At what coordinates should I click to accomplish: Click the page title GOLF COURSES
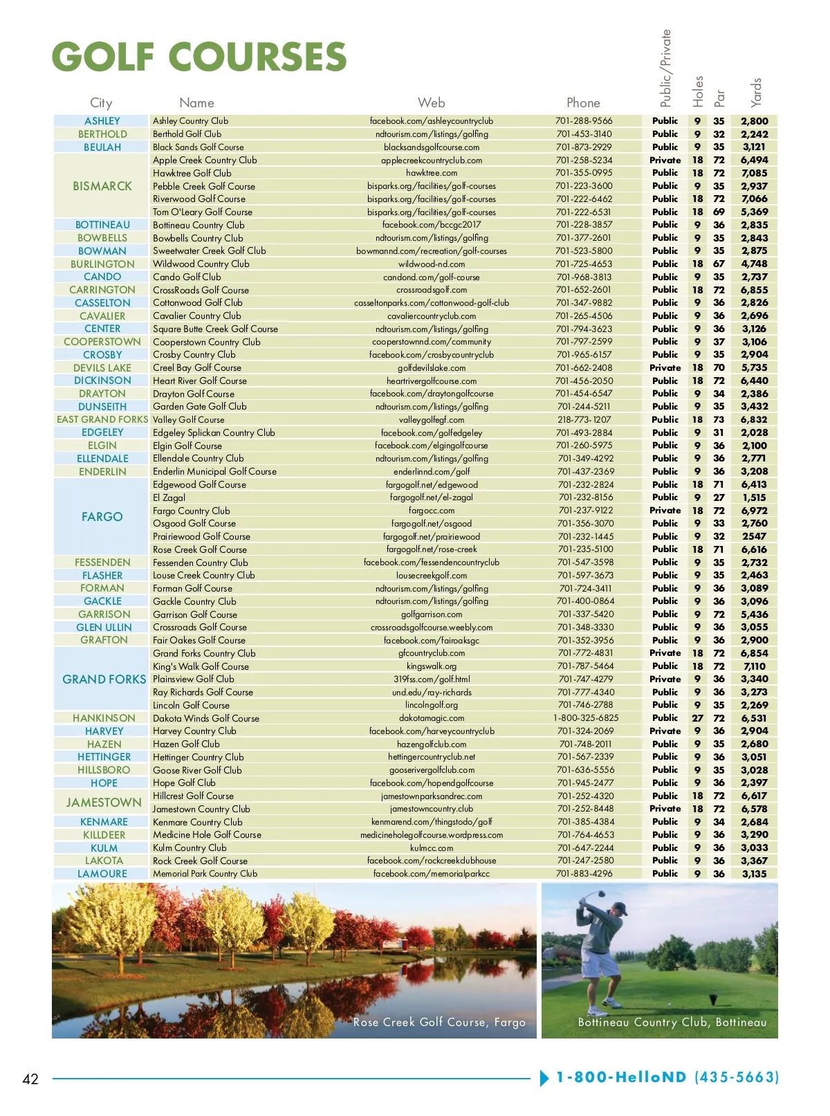point(199,57)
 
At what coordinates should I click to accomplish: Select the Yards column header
point(756,91)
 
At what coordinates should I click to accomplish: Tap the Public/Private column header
point(665,68)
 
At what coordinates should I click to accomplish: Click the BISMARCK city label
point(102,186)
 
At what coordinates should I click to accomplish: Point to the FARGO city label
point(102,517)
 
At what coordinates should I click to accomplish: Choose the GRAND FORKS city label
point(104,679)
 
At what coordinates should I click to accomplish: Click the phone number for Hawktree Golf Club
point(584,173)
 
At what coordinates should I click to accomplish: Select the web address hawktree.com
point(432,173)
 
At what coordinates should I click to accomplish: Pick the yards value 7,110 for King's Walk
point(754,666)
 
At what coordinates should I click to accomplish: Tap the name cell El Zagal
point(169,497)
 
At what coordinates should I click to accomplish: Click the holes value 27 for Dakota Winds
point(697,718)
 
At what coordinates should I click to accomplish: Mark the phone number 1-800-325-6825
point(586,718)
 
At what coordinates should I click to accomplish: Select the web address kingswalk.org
point(432,666)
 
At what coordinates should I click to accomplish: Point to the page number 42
point(30,1079)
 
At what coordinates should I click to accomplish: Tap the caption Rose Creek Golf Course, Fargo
point(439,1022)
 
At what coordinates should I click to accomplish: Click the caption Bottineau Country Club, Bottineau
point(672,1022)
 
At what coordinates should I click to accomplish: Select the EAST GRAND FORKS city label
point(102,419)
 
